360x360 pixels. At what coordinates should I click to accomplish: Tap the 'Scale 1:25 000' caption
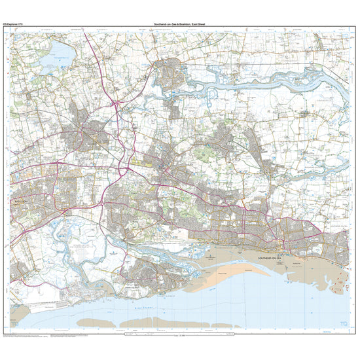tap(179, 338)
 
